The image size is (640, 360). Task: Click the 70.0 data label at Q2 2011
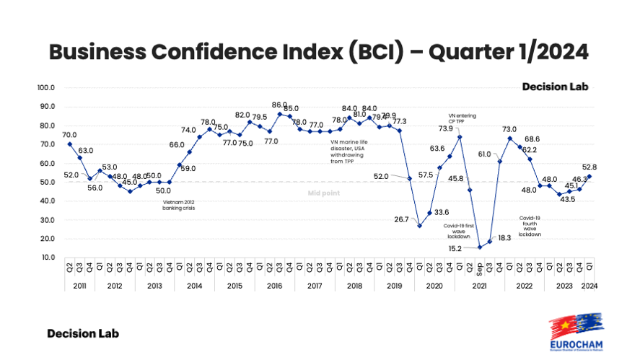69,134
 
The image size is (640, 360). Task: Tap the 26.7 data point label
400,219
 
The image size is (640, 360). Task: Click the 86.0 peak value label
279,105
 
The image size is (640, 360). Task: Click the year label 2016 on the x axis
274,286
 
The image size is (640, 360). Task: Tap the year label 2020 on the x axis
434,286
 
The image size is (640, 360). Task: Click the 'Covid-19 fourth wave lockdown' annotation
530,225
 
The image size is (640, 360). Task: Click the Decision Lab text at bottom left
83,333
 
